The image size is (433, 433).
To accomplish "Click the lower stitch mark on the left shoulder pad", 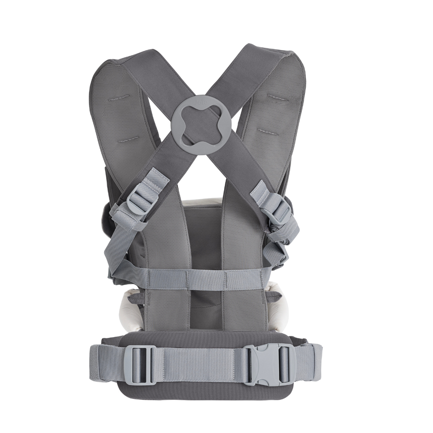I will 129,139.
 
